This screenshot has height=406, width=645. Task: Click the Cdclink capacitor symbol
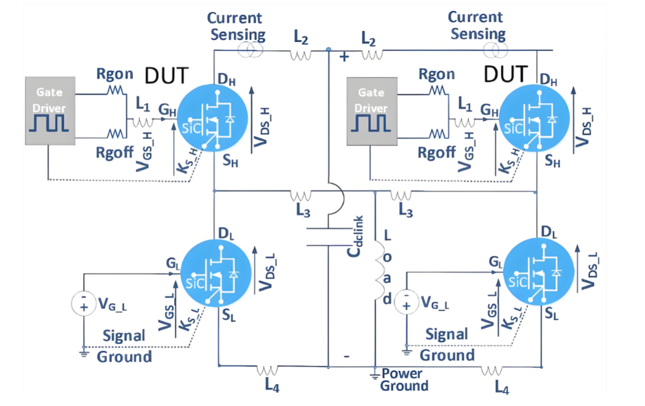[x=328, y=237]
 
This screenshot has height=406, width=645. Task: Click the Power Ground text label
[x=404, y=379]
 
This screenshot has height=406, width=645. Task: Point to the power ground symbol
[x=374, y=374]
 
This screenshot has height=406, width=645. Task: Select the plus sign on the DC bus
[x=345, y=56]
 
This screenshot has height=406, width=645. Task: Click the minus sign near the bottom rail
[x=347, y=356]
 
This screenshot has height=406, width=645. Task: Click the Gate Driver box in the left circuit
[x=50, y=110]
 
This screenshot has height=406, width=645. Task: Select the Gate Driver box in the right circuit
[x=372, y=111]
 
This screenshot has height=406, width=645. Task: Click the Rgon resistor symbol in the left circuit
[x=116, y=90]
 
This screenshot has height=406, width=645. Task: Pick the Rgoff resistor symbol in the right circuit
[x=438, y=134]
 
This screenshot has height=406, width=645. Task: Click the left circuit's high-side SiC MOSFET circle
[x=213, y=118]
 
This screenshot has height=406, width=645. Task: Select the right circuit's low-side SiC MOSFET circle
[x=539, y=273]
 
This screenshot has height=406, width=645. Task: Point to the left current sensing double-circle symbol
[x=250, y=51]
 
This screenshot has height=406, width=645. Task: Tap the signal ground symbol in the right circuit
[x=407, y=352]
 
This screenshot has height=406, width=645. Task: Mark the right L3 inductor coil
[x=401, y=195]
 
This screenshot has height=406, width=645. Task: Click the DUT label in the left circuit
[x=167, y=76]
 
